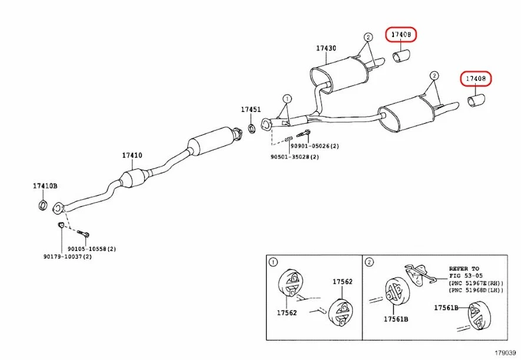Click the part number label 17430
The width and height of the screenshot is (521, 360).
click(x=326, y=48)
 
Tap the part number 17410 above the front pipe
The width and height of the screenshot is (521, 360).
click(x=132, y=156)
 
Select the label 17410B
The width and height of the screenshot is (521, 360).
click(x=45, y=186)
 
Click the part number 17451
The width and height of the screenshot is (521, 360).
click(x=250, y=110)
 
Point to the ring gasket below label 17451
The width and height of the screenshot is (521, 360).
click(x=251, y=128)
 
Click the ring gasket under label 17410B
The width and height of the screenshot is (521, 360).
click(x=42, y=205)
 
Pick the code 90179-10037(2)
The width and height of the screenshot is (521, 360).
click(x=67, y=256)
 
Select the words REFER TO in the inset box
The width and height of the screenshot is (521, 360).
click(x=464, y=269)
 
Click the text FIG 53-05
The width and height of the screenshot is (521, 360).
click(x=465, y=275)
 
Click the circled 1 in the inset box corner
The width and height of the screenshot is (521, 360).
click(x=273, y=262)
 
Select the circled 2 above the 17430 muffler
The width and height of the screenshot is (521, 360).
click(x=368, y=37)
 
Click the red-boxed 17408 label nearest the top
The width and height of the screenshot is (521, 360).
click(x=401, y=35)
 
